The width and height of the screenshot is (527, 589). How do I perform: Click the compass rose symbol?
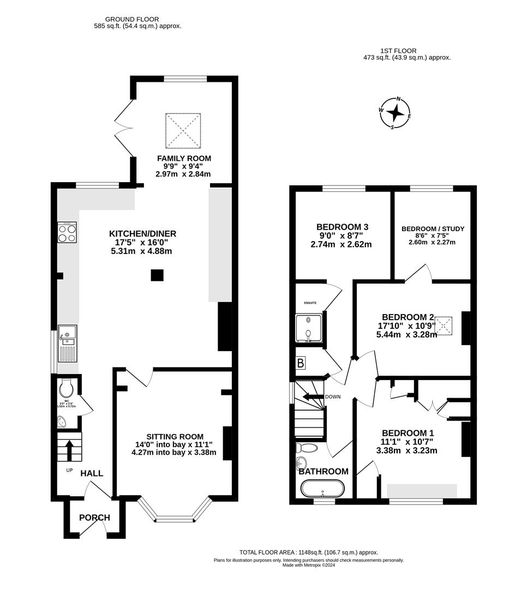point(396,113)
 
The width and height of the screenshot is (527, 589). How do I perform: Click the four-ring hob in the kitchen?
point(67,233)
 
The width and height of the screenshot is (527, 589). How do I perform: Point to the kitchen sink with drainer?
point(68,344)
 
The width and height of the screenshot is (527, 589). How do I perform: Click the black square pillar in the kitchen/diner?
point(157,275)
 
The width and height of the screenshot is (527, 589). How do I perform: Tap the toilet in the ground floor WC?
point(67,388)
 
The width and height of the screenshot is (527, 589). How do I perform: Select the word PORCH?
point(94,518)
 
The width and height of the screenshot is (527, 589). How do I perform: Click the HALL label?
point(92,473)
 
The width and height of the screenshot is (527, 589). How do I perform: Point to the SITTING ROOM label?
point(175,437)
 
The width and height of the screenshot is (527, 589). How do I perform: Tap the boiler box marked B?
point(301,363)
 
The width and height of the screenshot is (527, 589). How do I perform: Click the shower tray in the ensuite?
point(309,329)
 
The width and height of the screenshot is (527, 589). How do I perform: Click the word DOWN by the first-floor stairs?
point(332,396)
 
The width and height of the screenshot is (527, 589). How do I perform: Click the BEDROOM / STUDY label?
point(433,229)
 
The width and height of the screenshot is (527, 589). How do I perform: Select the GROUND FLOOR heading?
point(125,19)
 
